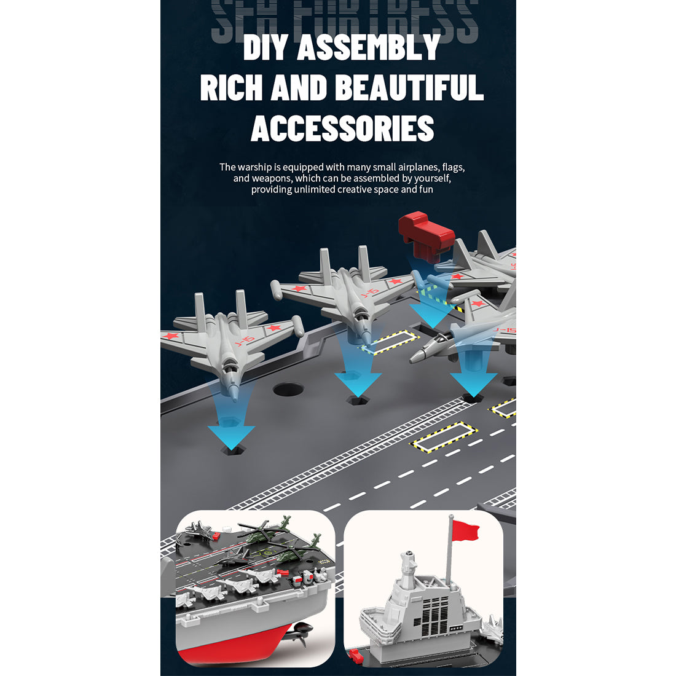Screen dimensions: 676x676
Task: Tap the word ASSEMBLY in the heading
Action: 369,48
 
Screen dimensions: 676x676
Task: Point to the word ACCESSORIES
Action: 342,128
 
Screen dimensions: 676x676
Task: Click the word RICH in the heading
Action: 230,88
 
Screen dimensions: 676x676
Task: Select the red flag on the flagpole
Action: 465,530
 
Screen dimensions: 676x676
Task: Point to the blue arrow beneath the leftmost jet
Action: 230,430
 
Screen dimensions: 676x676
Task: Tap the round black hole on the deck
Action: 289,390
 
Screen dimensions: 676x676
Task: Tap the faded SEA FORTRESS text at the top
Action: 344,22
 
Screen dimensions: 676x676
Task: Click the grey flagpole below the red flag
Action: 449,559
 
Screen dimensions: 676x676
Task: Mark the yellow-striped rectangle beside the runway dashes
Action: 441,436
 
